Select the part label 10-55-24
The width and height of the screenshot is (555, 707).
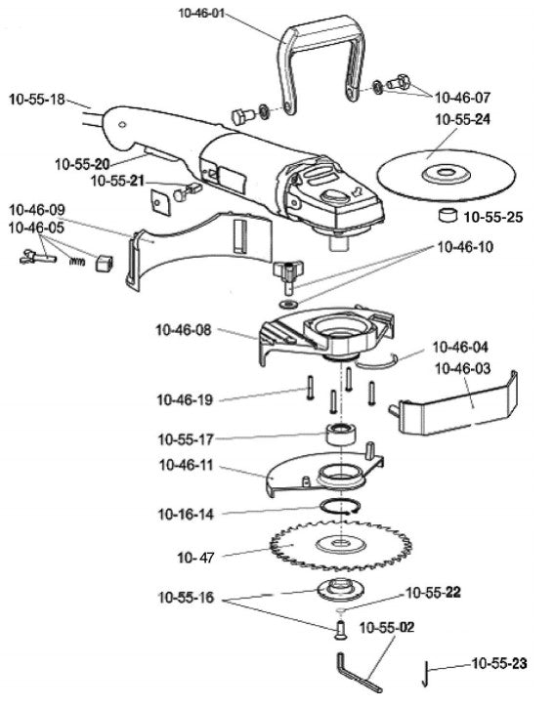point(466,120)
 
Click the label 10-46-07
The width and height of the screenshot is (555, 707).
point(466,97)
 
